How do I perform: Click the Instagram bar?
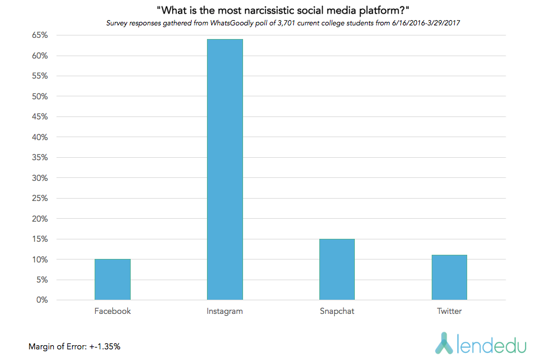click(x=225, y=170)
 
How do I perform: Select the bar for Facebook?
click(x=112, y=280)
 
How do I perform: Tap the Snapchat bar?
click(x=336, y=270)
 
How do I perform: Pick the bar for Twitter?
click(x=449, y=277)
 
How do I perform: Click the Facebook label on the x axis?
click(x=112, y=311)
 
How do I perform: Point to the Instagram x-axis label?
click(x=225, y=311)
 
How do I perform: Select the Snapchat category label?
click(x=336, y=311)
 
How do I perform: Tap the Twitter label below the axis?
click(x=449, y=311)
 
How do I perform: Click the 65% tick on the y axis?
click(x=39, y=35)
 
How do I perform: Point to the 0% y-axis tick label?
click(x=41, y=300)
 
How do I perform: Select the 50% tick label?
click(x=39, y=96)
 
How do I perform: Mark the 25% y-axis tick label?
click(x=39, y=199)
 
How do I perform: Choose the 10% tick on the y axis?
click(x=39, y=260)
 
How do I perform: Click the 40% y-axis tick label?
click(x=39, y=137)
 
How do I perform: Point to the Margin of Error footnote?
click(x=75, y=346)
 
